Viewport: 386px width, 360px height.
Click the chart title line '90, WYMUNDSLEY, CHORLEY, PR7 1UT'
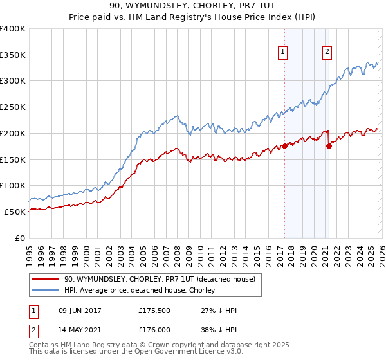[x=193, y=6]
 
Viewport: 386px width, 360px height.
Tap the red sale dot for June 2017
[x=284, y=146]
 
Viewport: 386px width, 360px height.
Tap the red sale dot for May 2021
[x=329, y=146]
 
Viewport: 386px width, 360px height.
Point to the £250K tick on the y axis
[x=14, y=107]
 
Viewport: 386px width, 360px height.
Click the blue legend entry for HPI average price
[x=145, y=290]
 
